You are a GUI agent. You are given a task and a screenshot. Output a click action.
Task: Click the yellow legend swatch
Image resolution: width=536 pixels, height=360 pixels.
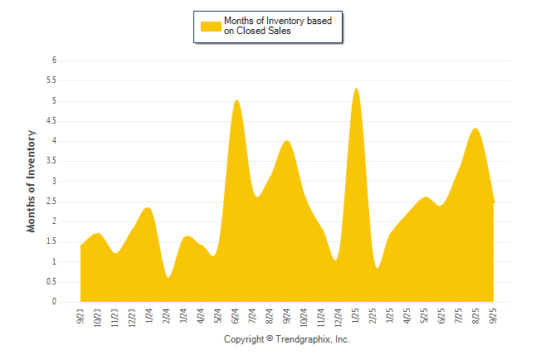click(211, 26)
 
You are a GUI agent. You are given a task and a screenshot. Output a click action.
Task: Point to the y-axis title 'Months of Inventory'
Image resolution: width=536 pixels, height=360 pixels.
click(32, 181)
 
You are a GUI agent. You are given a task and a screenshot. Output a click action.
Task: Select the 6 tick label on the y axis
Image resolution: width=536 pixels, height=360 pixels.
click(54, 61)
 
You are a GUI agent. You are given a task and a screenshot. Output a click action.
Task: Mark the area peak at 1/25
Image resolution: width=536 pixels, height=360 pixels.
click(356, 89)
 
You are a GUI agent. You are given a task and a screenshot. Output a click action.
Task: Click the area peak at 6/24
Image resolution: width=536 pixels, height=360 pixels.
click(236, 100)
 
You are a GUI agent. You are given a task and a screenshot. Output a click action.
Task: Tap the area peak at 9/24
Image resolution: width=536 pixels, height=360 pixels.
click(287, 141)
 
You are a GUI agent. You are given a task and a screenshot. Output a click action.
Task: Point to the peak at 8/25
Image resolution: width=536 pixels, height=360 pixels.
click(475, 129)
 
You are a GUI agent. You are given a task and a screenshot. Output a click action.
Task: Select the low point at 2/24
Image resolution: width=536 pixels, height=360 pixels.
click(168, 277)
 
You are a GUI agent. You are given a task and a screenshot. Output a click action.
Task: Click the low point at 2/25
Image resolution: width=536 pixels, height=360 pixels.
click(377, 268)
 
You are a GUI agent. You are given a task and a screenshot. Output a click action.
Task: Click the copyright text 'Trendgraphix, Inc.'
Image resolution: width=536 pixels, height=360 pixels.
click(313, 339)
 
